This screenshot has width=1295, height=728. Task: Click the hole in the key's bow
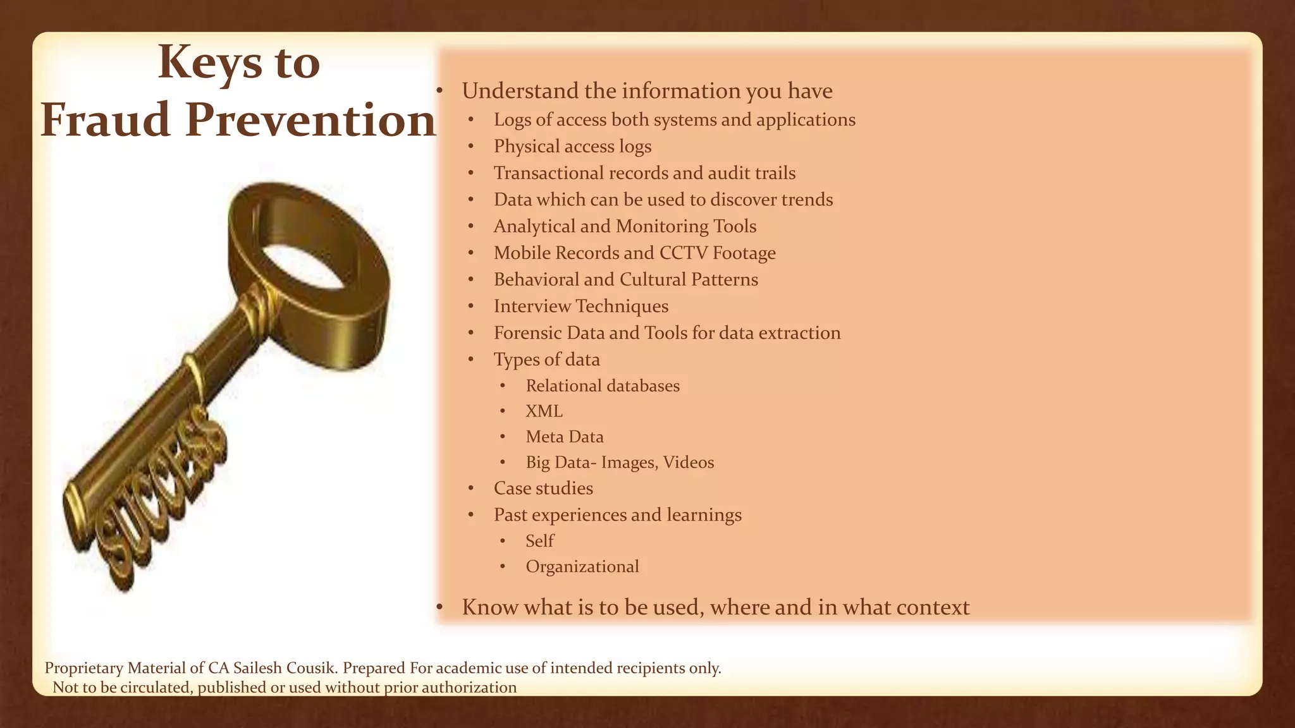click(x=304, y=265)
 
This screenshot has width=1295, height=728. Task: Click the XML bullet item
click(x=544, y=411)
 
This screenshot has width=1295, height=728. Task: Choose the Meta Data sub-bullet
click(x=564, y=437)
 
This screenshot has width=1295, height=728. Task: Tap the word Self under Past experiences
click(x=539, y=541)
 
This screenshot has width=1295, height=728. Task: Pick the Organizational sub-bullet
click(x=582, y=566)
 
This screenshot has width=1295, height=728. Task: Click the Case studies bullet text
click(x=543, y=488)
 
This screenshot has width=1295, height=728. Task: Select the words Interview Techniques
click(x=580, y=306)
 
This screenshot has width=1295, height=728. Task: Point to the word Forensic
click(x=527, y=333)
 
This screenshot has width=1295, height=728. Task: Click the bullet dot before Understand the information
click(x=439, y=92)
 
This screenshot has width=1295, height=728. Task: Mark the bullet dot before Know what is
click(x=439, y=608)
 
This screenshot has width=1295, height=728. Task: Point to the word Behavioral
click(x=536, y=279)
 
